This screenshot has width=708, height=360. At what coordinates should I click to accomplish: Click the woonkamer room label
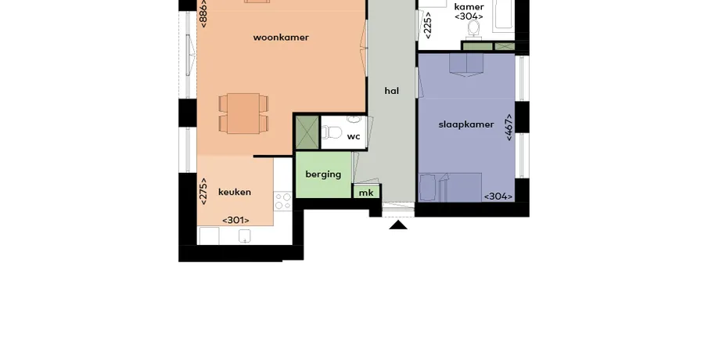tap(281, 38)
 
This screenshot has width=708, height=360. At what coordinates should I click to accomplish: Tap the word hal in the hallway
tap(391, 91)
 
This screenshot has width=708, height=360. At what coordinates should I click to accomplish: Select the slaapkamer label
tap(466, 124)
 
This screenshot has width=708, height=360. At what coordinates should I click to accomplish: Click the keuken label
tap(235, 192)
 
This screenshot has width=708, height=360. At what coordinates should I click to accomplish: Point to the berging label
tap(323, 175)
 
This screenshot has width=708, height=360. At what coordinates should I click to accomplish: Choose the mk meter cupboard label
tap(366, 193)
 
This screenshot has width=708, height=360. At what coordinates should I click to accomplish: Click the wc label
tap(354, 136)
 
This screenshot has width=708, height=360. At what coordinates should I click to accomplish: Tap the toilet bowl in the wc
tap(332, 132)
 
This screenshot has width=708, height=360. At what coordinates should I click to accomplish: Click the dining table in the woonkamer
tap(243, 113)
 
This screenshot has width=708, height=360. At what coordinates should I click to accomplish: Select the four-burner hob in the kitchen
tap(283, 201)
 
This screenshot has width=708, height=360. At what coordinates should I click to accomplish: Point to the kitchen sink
tap(244, 236)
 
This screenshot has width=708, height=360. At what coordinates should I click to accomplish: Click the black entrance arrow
tap(398, 225)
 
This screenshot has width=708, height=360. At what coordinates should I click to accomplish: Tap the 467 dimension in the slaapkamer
tap(509, 128)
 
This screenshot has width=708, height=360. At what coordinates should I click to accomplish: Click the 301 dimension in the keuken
tap(235, 221)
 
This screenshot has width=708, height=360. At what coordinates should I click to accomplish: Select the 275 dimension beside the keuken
tap(203, 191)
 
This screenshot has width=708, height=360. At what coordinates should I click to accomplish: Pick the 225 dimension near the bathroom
tap(428, 25)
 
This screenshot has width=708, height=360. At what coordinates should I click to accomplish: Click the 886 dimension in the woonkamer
tap(203, 13)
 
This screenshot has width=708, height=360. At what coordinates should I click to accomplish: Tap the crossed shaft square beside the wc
tap(307, 132)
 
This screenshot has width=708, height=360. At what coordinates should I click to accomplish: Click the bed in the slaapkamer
tap(450, 187)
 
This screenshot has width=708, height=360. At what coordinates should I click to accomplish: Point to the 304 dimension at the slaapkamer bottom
tap(498, 196)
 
